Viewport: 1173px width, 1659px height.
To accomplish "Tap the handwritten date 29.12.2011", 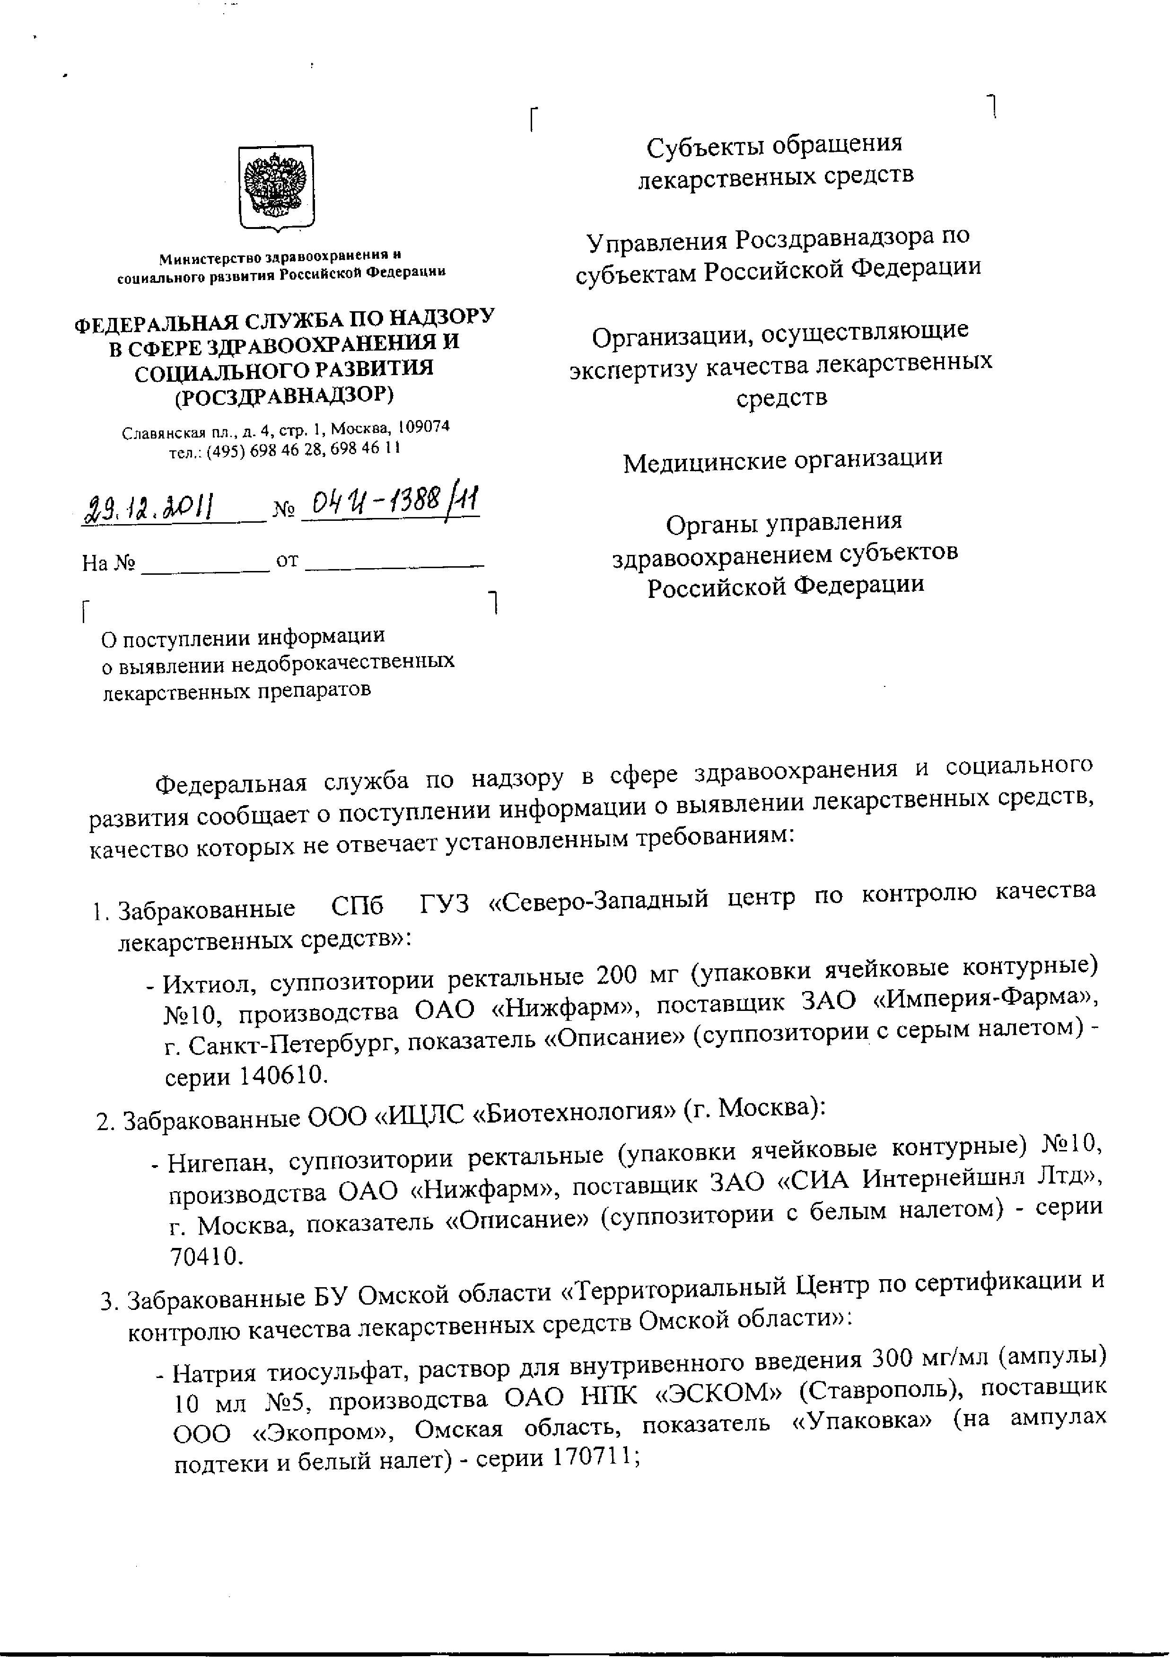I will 150,508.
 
